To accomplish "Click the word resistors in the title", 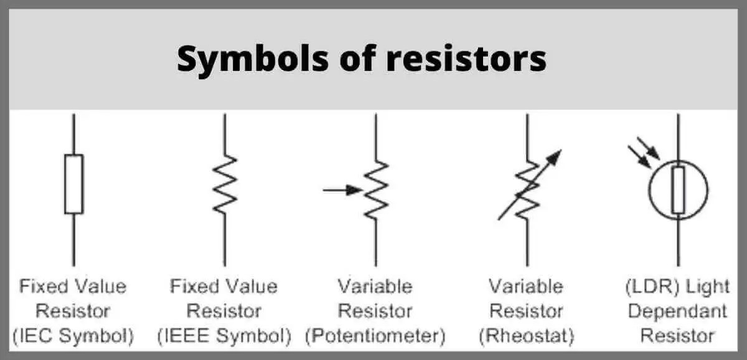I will pyautogui.click(x=466, y=59).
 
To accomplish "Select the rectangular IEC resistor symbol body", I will pyautogui.click(x=73, y=184).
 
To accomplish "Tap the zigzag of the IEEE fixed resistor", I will pyautogui.click(x=225, y=184).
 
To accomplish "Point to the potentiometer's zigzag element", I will pyautogui.click(x=377, y=189).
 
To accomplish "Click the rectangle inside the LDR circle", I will pyautogui.click(x=679, y=189).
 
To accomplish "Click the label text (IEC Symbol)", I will pyautogui.click(x=73, y=336).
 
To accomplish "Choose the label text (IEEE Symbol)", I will pyautogui.click(x=224, y=336).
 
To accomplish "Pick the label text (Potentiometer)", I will pyautogui.click(x=375, y=336).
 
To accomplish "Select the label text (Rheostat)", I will pyautogui.click(x=526, y=336).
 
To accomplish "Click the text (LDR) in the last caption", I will pyautogui.click(x=649, y=287).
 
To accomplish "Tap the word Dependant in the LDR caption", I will pyautogui.click(x=677, y=311).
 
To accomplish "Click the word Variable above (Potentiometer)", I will pyautogui.click(x=375, y=287).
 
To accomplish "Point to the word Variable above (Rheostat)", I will pyautogui.click(x=526, y=287).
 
